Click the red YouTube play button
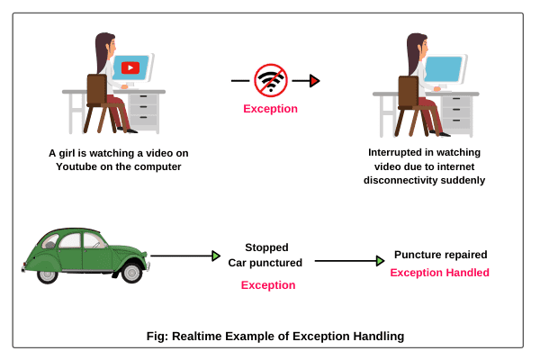coord(130,67)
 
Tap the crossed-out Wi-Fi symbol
coord(271,80)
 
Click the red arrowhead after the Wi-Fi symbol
coord(314,81)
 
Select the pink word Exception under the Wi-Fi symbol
coord(270,109)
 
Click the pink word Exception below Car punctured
coord(268,285)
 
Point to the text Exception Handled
coord(440,273)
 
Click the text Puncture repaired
coord(441,255)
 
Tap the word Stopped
coord(267,247)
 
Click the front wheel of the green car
coord(131,273)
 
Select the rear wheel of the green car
coord(47,275)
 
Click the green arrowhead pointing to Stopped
coord(216,256)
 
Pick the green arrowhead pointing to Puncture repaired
coord(380,261)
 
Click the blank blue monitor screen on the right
coord(444,69)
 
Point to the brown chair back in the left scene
coord(97,89)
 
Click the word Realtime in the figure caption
coord(197,337)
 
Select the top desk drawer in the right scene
coord(456,101)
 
